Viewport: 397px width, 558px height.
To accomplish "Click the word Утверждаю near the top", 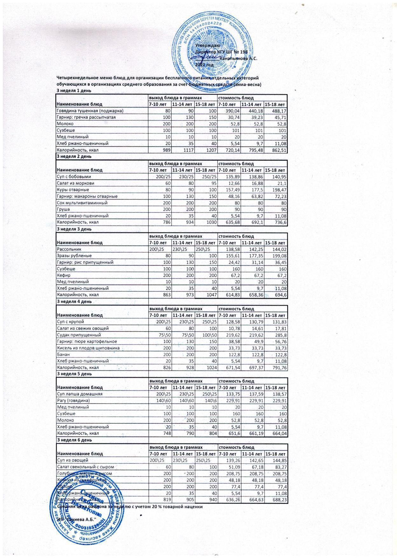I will point(205,46).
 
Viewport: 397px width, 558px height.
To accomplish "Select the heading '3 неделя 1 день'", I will point(74,91).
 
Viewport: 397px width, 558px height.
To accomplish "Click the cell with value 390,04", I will point(229,111).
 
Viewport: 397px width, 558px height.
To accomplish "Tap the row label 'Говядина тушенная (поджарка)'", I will point(90,111).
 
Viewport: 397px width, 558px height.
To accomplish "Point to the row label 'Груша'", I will point(63,209).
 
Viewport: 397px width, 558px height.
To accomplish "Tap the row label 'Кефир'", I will point(63,275).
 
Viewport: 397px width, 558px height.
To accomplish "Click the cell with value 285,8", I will point(275,335).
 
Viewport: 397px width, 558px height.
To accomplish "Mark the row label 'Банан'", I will point(63,354).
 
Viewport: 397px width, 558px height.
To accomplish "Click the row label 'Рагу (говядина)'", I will point(73,400).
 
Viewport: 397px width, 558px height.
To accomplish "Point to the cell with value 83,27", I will point(275,467).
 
